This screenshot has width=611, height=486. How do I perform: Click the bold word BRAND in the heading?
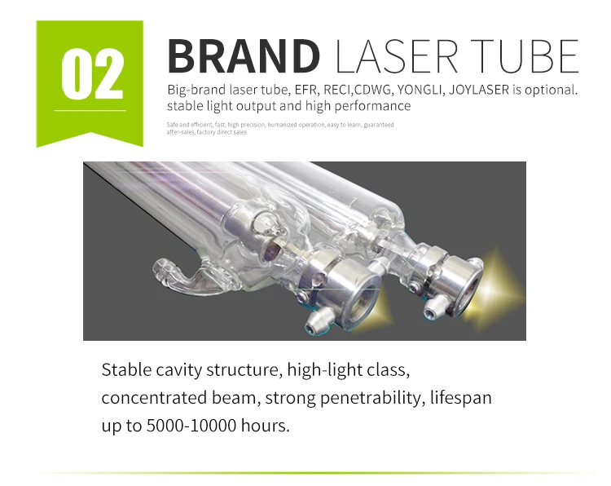244,55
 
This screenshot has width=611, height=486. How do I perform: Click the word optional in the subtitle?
551,90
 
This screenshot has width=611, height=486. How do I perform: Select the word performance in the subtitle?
374,106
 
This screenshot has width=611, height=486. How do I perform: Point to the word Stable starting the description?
127,370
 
